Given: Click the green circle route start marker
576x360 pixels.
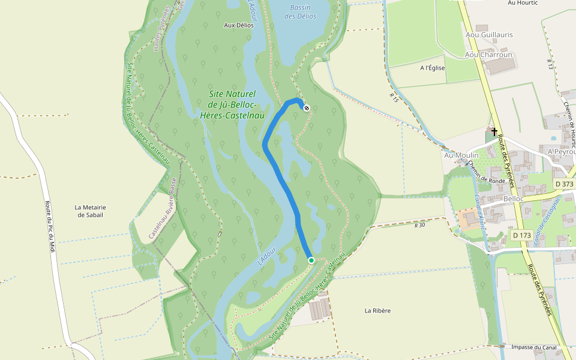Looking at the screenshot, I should [311, 260].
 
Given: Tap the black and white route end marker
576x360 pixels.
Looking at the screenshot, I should [307, 108].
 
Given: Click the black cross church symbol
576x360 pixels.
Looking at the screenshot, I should [494, 131].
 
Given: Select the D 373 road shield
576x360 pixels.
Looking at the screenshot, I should [563, 184].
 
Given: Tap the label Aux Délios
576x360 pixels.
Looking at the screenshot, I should [238, 25].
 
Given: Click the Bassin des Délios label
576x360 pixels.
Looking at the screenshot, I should [300, 12].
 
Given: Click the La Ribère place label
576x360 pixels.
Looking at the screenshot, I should [378, 310].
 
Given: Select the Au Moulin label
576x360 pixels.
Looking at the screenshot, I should [461, 155].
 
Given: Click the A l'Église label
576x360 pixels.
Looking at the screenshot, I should [433, 68].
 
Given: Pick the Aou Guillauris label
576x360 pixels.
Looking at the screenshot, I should [489, 35].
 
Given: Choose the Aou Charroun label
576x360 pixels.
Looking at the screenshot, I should [488, 55].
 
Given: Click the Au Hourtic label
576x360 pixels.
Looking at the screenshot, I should [522, 3].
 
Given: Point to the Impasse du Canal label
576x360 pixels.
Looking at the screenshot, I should [533, 347].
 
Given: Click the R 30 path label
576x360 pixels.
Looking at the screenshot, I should [419, 225].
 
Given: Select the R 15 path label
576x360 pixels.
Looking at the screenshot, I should [394, 96].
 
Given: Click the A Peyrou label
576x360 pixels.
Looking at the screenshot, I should [562, 152].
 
